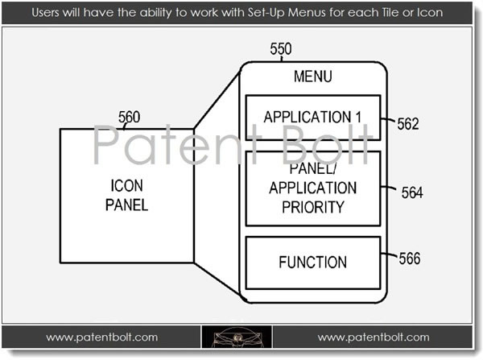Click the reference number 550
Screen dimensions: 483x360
[281, 48]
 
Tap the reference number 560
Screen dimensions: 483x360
[129, 117]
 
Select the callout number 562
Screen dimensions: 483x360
[408, 124]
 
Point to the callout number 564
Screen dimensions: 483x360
[412, 193]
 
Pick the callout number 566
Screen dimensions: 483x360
[410, 259]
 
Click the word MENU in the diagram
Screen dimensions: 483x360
[313, 77]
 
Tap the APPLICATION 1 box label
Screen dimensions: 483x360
[312, 117]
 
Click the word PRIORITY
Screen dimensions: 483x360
[313, 207]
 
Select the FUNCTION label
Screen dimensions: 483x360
[313, 263]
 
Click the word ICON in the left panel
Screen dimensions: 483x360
[127, 186]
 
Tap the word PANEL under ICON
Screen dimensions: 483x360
[127, 205]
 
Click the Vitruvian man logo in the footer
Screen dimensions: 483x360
[237, 337]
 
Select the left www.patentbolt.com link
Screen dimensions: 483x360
[102, 337]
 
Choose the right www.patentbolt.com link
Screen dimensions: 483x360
[374, 337]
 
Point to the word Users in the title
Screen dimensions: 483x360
[46, 13]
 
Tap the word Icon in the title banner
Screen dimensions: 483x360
[430, 13]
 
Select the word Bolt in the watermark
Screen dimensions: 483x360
[328, 144]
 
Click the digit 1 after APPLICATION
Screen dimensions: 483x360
[358, 117]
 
